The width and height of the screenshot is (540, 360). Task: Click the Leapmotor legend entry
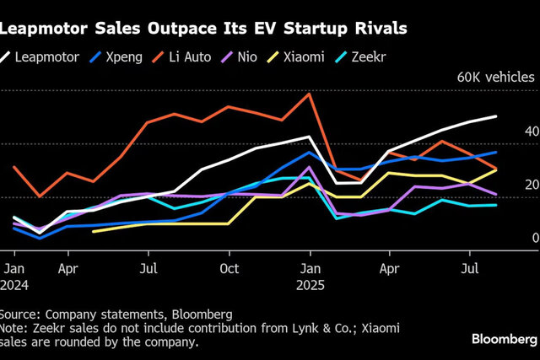click(40, 57)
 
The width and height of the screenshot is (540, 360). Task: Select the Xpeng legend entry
click(116, 57)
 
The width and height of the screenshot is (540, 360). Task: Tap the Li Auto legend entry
click(182, 57)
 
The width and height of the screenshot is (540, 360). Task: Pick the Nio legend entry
click(239, 57)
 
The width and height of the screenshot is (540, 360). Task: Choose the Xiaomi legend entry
click(296, 57)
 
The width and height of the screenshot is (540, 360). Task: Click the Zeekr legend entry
click(360, 57)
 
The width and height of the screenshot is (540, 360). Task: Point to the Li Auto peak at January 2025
click(310, 94)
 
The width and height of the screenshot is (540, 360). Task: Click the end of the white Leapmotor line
click(495, 116)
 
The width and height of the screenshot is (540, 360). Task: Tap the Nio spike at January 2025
click(310, 167)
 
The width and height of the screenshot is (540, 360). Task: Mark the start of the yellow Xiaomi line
click(94, 232)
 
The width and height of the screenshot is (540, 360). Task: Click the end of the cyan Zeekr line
click(495, 205)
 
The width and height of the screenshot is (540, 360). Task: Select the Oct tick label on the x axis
click(229, 268)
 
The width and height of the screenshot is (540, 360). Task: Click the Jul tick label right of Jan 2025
click(470, 268)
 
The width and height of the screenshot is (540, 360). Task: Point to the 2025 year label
click(310, 285)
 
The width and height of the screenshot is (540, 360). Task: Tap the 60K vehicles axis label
click(496, 77)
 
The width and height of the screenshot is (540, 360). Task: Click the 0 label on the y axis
click(536, 238)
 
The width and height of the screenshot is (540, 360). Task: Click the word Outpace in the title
click(182, 29)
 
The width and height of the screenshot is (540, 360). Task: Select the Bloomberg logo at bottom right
click(505, 340)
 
